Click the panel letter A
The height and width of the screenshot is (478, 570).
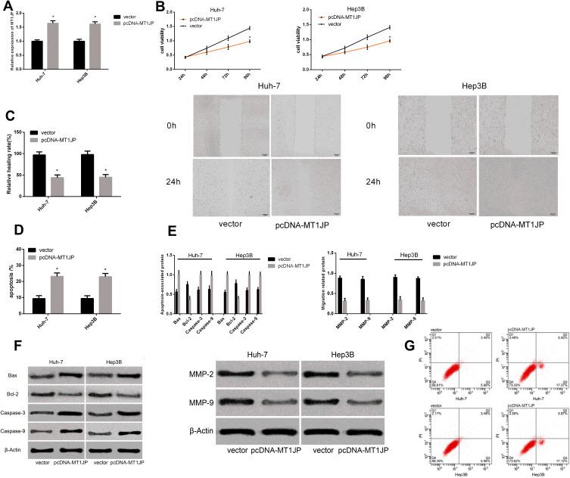pos(8,8)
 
